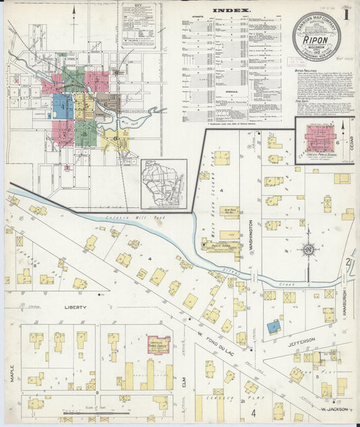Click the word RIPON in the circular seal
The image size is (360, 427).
(x=316, y=40)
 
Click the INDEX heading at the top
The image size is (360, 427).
(x=232, y=11)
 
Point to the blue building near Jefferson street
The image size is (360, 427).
(x=273, y=327)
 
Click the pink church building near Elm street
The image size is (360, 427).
(x=159, y=345)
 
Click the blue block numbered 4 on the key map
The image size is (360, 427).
(x=63, y=105)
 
